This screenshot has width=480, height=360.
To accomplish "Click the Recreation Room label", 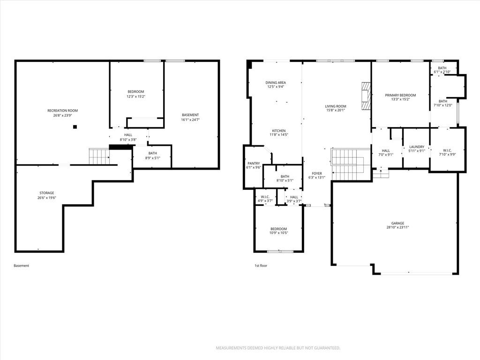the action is point(62,111).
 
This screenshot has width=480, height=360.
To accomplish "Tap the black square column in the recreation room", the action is point(75,127).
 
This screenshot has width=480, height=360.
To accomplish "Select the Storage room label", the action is point(46,193).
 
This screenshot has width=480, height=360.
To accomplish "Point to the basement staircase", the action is point(99,156).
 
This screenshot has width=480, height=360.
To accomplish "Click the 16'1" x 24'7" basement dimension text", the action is point(190,120).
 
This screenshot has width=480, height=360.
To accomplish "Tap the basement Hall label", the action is point(128,135).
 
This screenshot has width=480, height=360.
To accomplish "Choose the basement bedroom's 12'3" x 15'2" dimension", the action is point(135,97).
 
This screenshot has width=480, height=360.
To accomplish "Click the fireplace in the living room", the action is point(366,96).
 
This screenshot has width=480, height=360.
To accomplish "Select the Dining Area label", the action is point(276,82).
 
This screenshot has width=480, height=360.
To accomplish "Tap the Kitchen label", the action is point(278,131).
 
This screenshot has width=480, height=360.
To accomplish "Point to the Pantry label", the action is point(254,164).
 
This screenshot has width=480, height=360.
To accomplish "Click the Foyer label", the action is point(317,173).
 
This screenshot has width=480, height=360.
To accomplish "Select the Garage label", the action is point(397,223).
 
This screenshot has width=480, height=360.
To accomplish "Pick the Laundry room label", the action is point(417,147).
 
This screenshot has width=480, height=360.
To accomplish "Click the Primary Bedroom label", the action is point(400,95).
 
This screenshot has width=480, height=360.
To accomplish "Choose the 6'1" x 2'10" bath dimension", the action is point(442,72).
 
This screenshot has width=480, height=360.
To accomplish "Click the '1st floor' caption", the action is point(261,265).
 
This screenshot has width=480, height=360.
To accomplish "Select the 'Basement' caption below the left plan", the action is point(21,265).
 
